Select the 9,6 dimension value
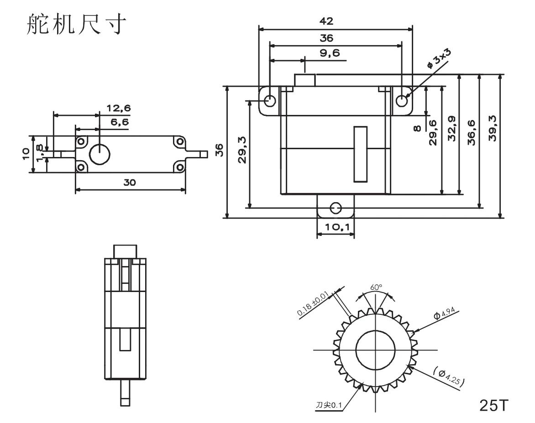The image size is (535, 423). [330, 53]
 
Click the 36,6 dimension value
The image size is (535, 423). [472, 132]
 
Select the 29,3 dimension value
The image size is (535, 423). [242, 149]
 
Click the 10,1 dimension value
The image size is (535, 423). [336, 227]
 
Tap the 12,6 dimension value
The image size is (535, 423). [118, 108]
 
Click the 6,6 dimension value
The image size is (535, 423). [120, 122]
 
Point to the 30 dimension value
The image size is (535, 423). [130, 182]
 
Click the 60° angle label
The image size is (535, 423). [377, 287]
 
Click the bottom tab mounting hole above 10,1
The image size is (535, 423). [336, 208]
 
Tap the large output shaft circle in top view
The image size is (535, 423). [100, 154]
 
